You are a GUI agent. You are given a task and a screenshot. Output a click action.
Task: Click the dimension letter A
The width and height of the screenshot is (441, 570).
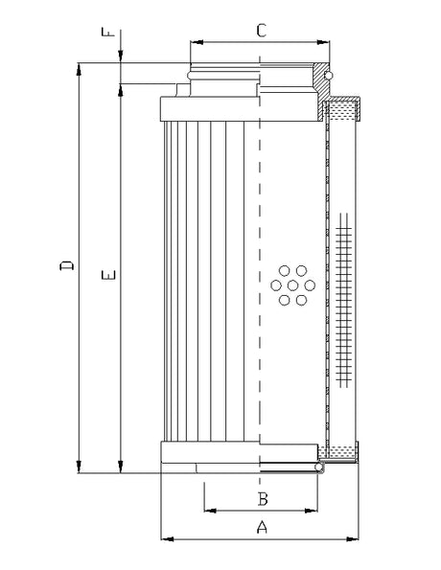coord(260,526)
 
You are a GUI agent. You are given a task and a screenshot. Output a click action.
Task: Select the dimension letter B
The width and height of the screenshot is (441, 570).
coord(260,498)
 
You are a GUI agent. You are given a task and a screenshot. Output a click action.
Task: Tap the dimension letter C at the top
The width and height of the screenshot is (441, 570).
coord(260,30)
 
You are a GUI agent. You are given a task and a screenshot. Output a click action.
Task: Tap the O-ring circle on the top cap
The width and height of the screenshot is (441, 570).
coord(328,74)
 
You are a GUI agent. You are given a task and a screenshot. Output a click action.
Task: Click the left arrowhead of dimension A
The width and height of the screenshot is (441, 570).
coord(164,538)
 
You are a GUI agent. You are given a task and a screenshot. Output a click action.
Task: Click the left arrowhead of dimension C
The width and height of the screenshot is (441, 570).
coord(195,43)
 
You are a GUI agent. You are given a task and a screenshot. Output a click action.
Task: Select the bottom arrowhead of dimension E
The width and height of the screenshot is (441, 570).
coord(121,467)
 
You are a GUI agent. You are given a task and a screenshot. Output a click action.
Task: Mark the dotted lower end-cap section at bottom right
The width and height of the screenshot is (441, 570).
coord(341,450)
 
